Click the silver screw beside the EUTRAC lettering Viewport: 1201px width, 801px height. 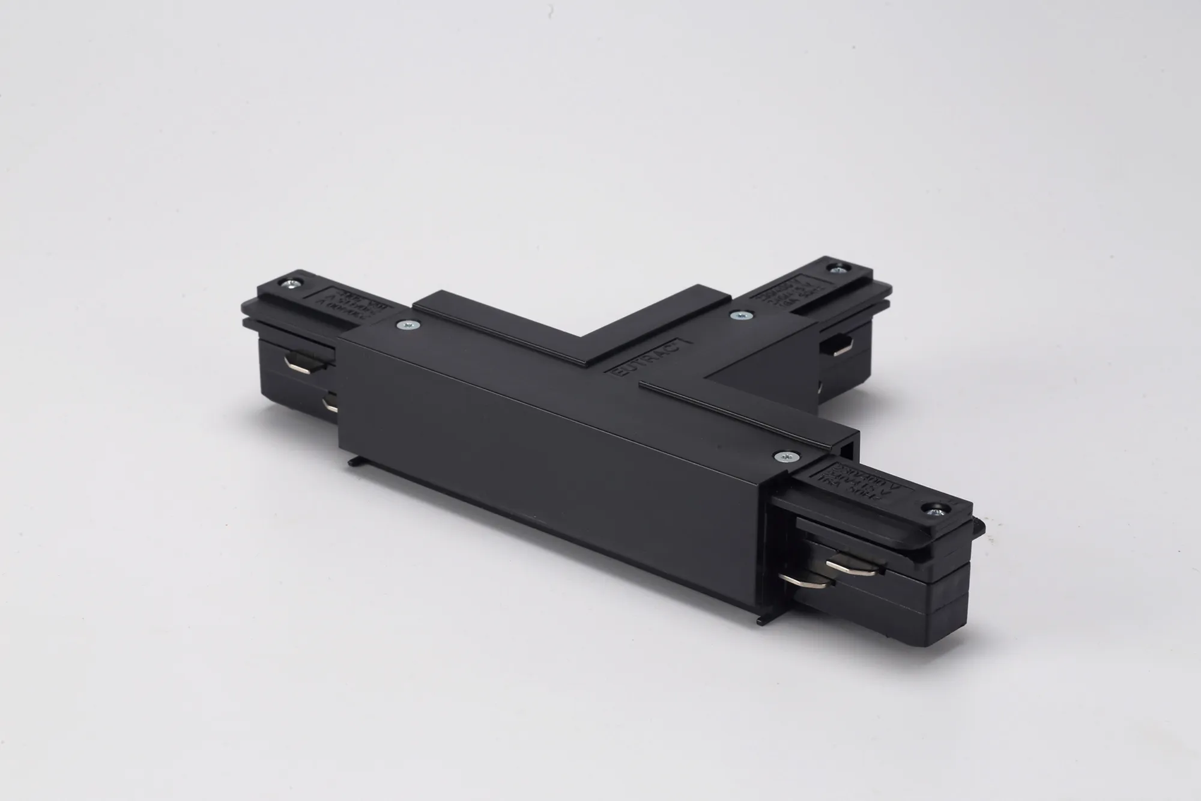tap(733, 314)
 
